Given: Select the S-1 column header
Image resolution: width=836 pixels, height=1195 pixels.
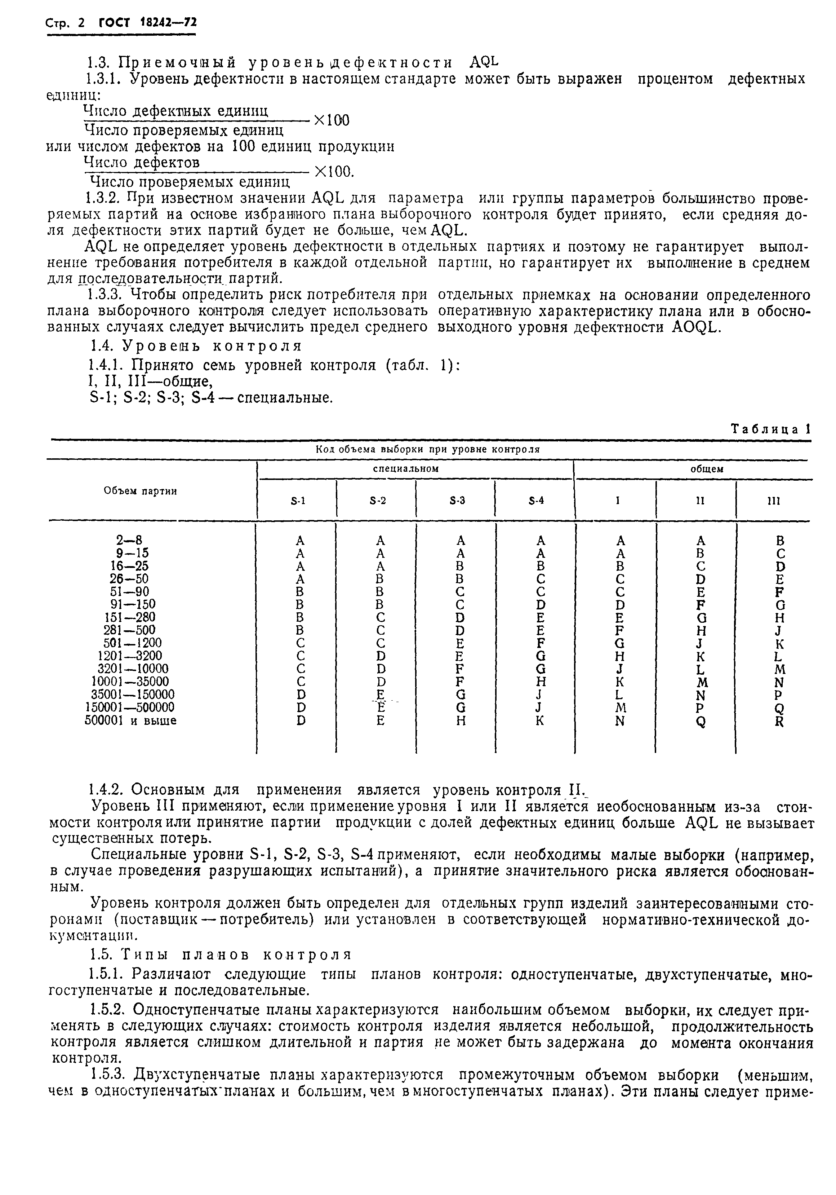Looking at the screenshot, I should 298,501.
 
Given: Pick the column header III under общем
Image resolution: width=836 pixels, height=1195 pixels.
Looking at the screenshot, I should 774,501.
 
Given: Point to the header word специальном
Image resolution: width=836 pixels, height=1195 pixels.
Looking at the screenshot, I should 414,468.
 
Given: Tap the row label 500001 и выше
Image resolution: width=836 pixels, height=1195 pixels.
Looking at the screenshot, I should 130,721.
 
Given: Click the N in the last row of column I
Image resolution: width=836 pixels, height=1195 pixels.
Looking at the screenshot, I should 619,722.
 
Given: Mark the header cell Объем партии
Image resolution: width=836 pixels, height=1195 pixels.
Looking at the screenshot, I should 141,490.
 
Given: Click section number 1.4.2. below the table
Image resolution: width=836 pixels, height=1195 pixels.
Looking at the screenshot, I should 107,790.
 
